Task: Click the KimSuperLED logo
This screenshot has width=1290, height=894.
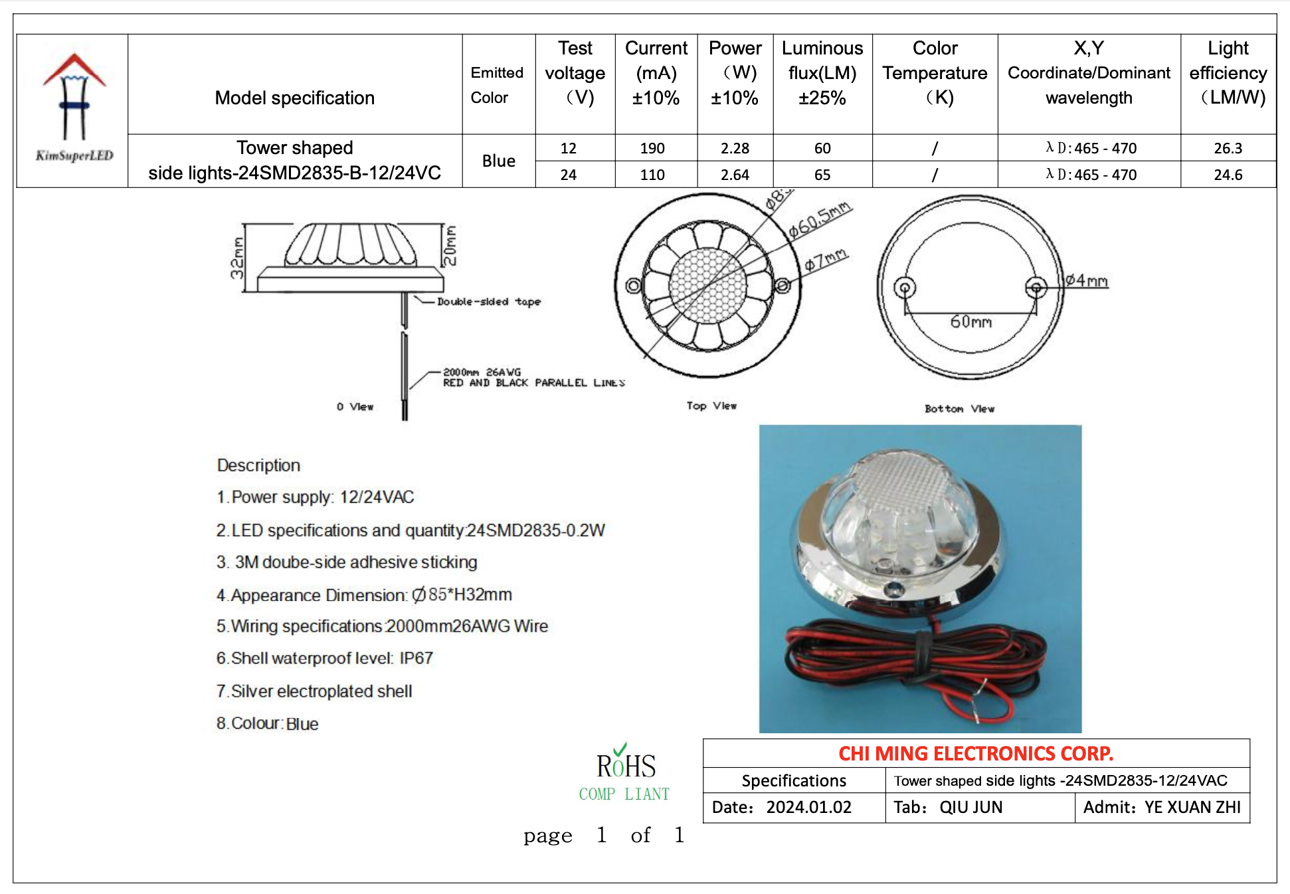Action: coord(74,108)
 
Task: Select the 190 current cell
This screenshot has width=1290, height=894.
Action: coord(652,148)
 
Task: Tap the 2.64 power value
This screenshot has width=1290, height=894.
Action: coord(735,175)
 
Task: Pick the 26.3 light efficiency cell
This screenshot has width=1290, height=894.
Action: coord(1228,148)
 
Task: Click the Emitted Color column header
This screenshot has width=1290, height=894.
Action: coord(497,85)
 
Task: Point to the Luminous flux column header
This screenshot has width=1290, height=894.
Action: coord(822,73)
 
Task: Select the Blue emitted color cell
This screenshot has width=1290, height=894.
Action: coord(499,161)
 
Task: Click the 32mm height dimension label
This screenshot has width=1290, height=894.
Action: coord(237,258)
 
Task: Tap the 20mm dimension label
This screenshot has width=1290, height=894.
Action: coord(450,245)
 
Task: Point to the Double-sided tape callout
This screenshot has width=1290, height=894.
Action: coord(489,302)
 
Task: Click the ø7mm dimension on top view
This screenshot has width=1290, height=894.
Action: coord(826,260)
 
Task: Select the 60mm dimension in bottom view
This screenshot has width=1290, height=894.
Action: coord(970,322)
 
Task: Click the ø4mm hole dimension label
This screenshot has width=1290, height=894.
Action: coord(1087,281)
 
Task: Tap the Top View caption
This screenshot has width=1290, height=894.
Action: coord(711,406)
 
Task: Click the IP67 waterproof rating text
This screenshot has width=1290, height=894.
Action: coord(416,658)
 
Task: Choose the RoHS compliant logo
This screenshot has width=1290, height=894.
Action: coord(624,773)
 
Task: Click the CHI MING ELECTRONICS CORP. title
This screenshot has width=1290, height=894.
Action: coord(976,754)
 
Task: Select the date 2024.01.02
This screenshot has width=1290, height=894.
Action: coord(808,808)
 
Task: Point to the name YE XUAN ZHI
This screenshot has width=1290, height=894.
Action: coord(1192,808)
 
